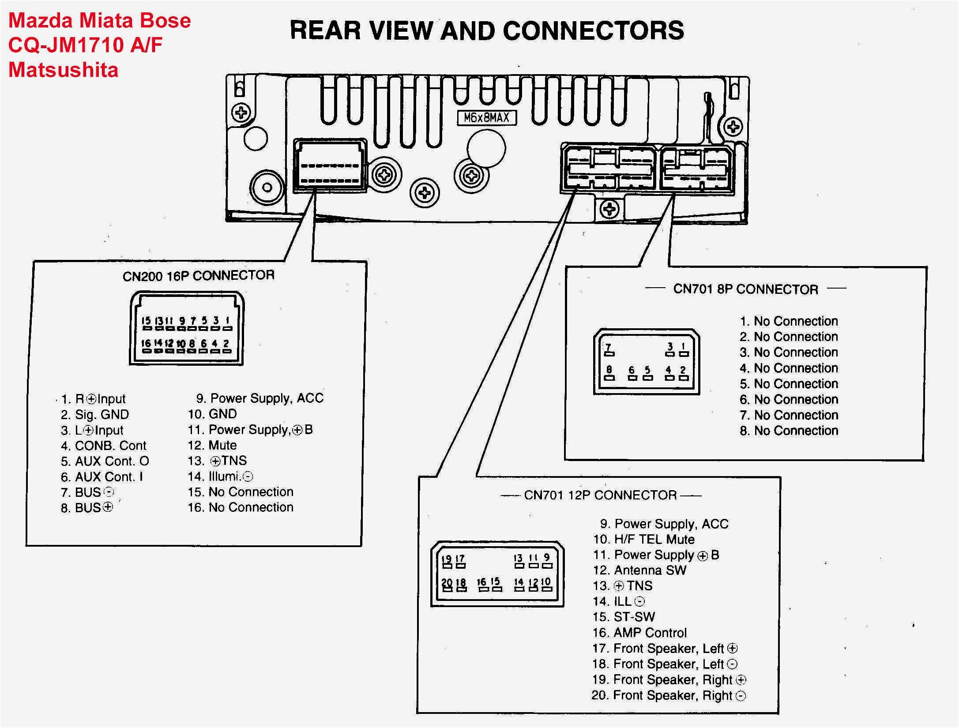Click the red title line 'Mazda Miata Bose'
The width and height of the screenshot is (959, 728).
point(100,21)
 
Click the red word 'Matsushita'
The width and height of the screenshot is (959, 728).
point(64,70)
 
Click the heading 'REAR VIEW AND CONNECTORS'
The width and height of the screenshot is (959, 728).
point(487,30)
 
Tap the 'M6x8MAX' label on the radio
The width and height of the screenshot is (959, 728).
point(486,118)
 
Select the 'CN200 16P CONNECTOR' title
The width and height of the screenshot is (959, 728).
point(198,276)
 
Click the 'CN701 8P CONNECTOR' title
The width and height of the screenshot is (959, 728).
point(745,289)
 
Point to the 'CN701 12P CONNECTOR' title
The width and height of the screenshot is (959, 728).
point(600,495)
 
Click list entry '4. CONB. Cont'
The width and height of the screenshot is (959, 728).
point(104,446)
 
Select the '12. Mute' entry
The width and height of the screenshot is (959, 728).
point(212,445)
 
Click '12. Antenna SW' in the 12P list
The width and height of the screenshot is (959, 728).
point(639,570)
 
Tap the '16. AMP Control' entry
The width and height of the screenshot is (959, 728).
point(639,633)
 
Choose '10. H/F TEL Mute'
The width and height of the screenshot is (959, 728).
point(643,539)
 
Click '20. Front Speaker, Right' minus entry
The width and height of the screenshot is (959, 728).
point(668,696)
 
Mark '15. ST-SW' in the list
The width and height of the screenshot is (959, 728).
point(624,617)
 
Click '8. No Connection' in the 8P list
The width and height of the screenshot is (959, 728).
point(789,431)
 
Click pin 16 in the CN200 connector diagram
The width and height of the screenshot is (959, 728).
point(146,347)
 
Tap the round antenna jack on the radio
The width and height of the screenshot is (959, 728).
point(267,187)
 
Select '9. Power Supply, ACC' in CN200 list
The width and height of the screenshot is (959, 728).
point(259,398)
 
